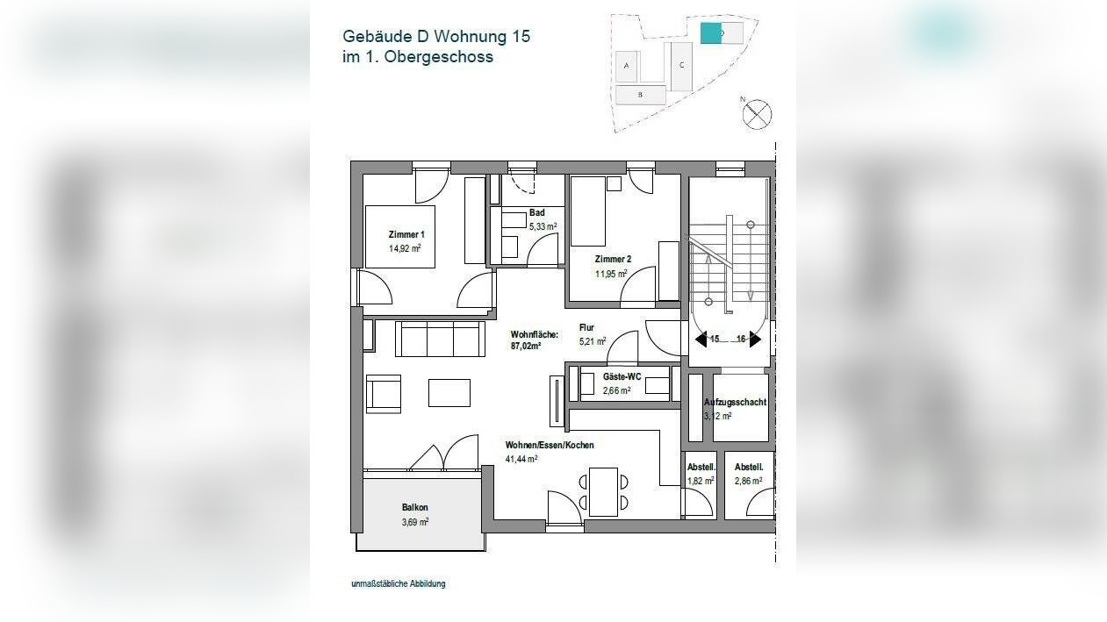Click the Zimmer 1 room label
click(x=406, y=235)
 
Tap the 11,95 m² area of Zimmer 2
click(x=611, y=274)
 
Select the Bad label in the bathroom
click(x=536, y=213)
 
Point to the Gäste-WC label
click(x=622, y=376)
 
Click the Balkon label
click(x=414, y=508)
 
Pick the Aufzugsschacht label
click(x=735, y=403)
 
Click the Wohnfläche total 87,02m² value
click(x=526, y=347)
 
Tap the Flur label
click(x=586, y=328)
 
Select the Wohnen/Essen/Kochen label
click(x=549, y=446)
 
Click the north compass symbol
click(x=758, y=115)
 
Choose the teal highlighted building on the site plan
click(x=709, y=33)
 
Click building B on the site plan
click(x=640, y=94)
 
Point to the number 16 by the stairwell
click(x=741, y=340)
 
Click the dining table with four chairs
click(x=603, y=491)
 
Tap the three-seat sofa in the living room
click(x=440, y=339)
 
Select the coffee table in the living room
click(x=449, y=392)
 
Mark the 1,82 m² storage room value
click(x=700, y=481)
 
